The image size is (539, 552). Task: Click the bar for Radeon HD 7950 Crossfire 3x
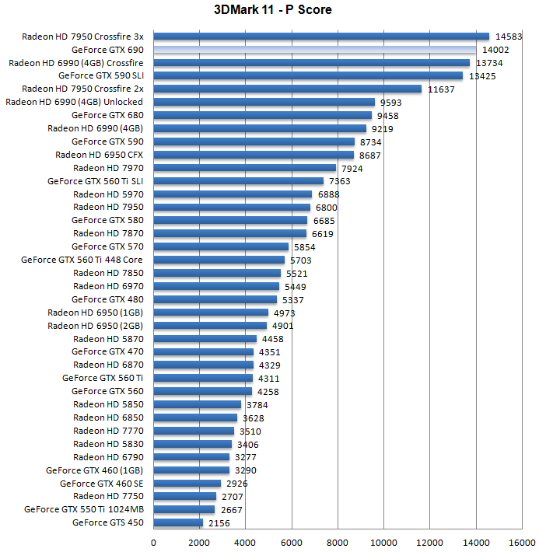point(321,37)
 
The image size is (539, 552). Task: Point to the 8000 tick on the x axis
point(338,542)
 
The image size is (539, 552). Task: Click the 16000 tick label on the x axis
point(522,542)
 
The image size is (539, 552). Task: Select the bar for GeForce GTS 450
point(178,522)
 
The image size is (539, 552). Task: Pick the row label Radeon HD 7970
point(108,167)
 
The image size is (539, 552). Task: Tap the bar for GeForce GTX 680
point(262,115)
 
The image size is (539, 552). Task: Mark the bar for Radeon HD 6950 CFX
point(254,155)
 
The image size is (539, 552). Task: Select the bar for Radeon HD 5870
point(205,339)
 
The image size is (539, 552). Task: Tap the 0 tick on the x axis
point(153,542)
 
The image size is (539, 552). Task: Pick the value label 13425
point(481,76)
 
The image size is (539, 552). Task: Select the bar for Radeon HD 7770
point(194,431)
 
